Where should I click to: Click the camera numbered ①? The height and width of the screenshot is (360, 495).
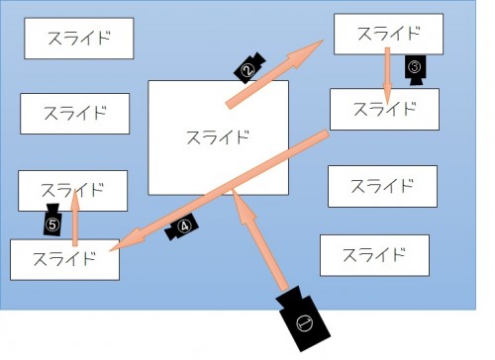tap(301, 317)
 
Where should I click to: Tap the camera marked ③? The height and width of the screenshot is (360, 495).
tap(416, 69)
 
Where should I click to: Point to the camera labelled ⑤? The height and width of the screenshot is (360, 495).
tap(53, 224)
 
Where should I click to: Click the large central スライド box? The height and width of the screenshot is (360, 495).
tap(218, 136)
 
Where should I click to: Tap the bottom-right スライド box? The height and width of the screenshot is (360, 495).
tap(374, 254)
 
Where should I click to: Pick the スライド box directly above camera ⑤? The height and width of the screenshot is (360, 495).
tap(73, 190)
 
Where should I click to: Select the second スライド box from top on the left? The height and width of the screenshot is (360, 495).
tap(75, 113)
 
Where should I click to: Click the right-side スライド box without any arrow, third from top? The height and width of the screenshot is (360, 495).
tap(381, 185)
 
